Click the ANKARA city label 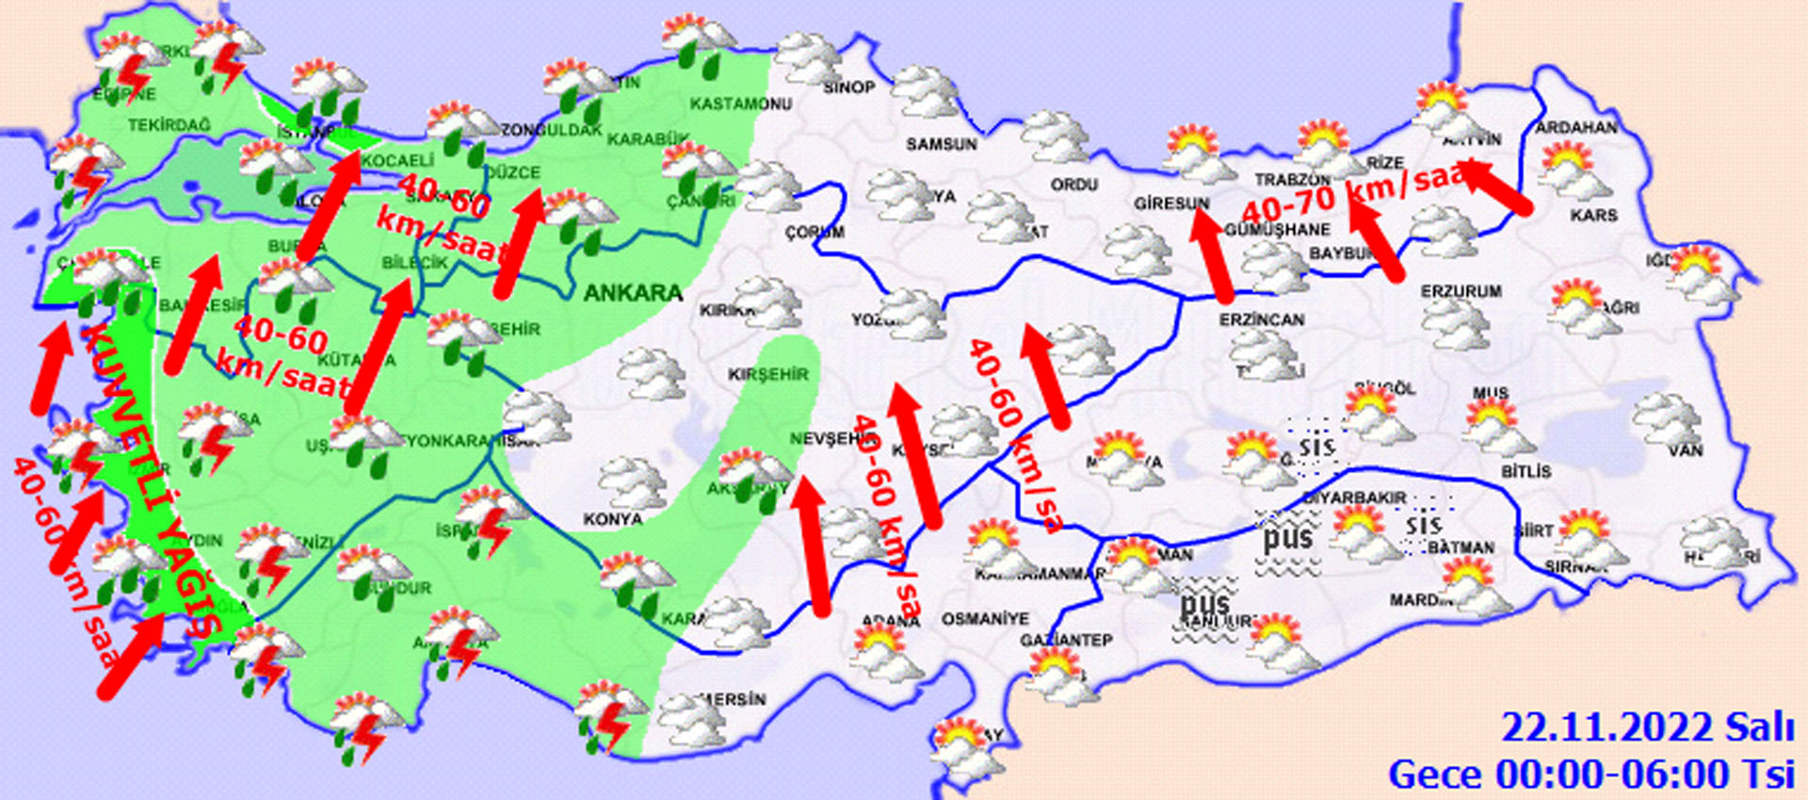click(633, 293)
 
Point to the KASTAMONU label click(741, 103)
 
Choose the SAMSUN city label click(942, 144)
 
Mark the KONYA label click(612, 519)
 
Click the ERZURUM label click(1461, 292)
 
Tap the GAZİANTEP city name click(1066, 640)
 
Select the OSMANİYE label click(985, 619)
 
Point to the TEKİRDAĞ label click(169, 125)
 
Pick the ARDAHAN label click(1576, 127)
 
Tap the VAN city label click(1686, 450)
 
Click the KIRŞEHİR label click(768, 374)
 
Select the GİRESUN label click(1171, 204)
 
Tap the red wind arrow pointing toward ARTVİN click(1497, 188)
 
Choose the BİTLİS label click(1525, 471)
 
